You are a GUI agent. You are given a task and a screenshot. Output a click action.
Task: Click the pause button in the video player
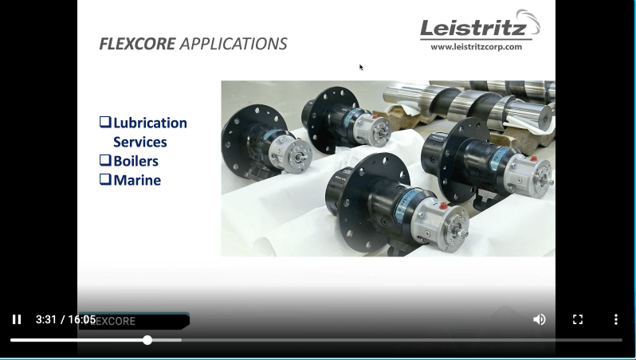[x=17, y=319]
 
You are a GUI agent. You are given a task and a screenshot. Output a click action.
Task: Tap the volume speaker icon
[x=539, y=319]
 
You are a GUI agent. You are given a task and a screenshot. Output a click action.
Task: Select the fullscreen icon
[x=578, y=319]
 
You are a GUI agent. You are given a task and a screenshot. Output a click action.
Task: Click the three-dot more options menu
[x=616, y=319]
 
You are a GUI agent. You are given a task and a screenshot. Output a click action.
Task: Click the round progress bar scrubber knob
[x=147, y=340]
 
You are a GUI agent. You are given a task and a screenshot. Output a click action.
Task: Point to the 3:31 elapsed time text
[x=46, y=319]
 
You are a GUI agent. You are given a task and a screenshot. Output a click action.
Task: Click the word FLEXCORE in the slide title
[x=138, y=44]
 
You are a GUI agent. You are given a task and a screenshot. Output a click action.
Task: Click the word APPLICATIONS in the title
[x=234, y=44]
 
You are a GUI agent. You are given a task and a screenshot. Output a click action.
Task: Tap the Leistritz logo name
[x=473, y=28]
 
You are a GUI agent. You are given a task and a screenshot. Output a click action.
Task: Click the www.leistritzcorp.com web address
[x=476, y=47]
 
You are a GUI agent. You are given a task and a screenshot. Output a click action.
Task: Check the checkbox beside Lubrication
[x=105, y=122]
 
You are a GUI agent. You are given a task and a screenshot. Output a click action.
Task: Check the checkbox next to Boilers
[x=105, y=160]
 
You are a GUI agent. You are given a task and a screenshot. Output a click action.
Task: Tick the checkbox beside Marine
[x=105, y=179]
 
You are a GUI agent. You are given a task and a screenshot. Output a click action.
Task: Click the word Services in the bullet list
[x=140, y=142]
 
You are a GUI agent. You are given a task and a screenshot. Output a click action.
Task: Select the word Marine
[x=137, y=180]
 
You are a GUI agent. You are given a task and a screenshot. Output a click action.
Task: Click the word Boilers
[x=135, y=161]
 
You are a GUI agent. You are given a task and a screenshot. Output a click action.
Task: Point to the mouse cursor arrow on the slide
[x=361, y=67]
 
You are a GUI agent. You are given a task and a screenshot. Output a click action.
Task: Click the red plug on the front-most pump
[x=443, y=205]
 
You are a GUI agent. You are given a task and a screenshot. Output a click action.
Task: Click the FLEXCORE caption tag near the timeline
[x=134, y=321]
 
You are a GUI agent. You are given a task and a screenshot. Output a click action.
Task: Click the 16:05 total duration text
[x=82, y=319]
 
